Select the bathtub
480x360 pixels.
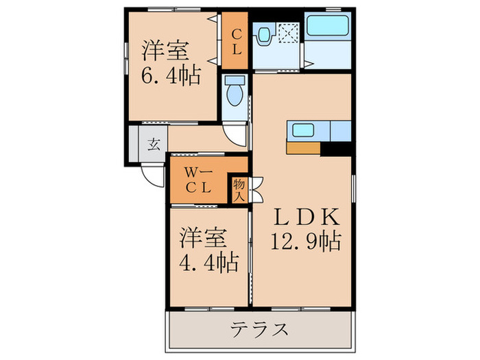point(328,27)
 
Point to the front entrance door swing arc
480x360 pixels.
point(150,175)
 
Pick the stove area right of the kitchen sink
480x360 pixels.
point(339,130)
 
